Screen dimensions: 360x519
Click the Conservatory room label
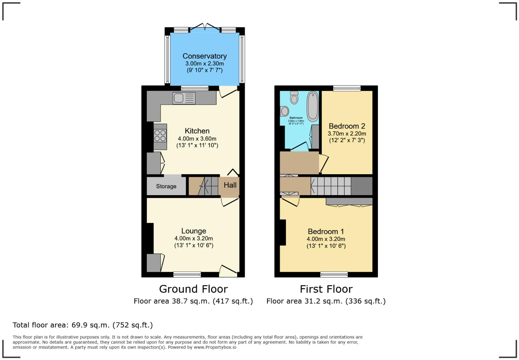tap(205, 56)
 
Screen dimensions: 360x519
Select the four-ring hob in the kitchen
tap(160, 136)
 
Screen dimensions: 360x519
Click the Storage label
tap(166, 186)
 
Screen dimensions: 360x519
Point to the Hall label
tap(230, 185)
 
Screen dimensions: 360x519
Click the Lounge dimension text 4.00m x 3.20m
tap(194, 238)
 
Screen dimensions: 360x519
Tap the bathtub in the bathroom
tap(312, 106)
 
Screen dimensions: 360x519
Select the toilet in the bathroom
tap(294, 98)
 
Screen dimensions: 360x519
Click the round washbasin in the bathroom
tap(285, 111)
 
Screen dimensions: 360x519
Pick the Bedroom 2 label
tap(347, 126)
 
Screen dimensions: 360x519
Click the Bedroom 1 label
tap(326, 232)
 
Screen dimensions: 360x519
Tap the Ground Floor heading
tap(193, 289)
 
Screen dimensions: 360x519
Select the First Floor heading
tap(326, 289)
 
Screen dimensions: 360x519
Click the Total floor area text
tap(83, 325)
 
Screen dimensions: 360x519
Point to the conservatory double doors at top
tap(205, 27)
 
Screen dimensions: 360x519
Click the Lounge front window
tap(187, 274)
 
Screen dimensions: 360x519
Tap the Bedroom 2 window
tap(347, 88)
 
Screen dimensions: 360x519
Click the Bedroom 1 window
tap(334, 274)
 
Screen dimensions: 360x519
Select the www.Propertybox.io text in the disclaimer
tap(215, 347)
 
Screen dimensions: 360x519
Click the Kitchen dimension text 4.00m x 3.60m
tap(197, 138)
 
